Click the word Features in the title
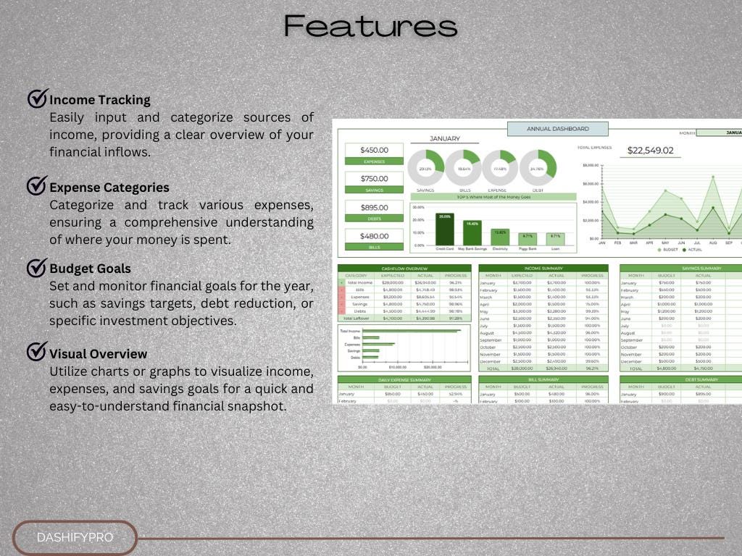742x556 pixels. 370,26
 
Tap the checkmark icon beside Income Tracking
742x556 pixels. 37,98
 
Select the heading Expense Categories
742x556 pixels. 109,188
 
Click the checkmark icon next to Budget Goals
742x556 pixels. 37,268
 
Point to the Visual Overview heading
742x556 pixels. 98,354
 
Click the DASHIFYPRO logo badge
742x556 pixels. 75,538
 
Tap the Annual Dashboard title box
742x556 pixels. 557,129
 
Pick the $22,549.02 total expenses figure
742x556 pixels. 650,151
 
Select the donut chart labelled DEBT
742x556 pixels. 537,168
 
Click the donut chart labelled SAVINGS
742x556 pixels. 426,168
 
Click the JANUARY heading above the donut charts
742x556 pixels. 445,138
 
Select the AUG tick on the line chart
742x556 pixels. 713,243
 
